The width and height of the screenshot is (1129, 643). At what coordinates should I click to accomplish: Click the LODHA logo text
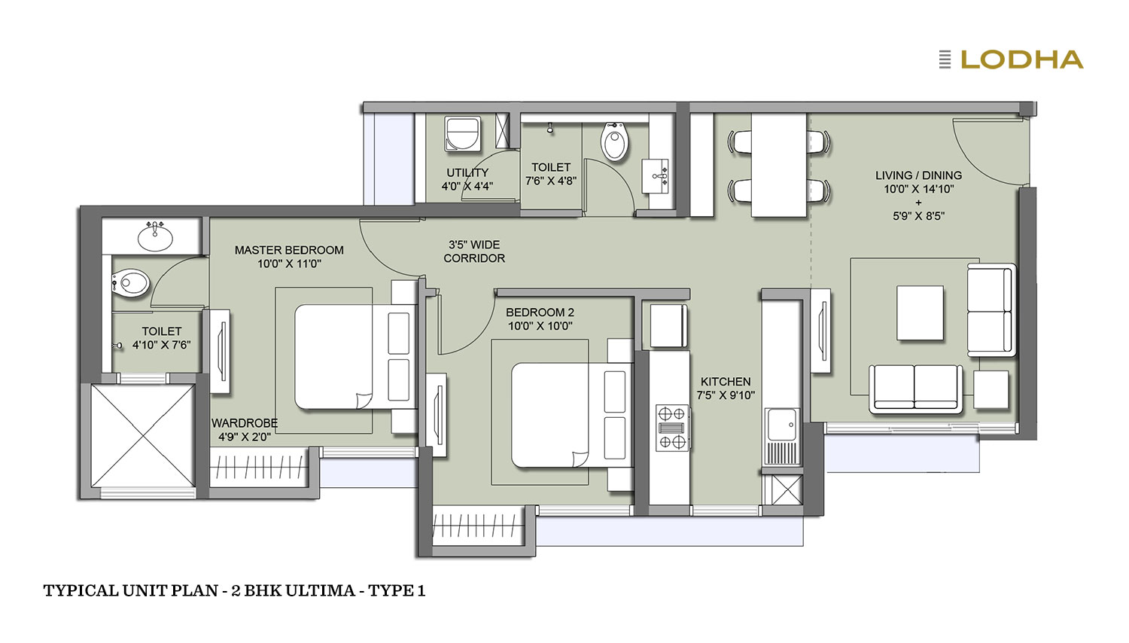1022,59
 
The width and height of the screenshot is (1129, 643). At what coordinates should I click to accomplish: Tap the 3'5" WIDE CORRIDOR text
474,251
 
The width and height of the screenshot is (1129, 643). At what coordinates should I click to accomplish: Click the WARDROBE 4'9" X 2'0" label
245,430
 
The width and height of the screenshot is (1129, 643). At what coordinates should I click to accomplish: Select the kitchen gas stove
672,428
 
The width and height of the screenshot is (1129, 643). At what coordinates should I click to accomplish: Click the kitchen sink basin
782,425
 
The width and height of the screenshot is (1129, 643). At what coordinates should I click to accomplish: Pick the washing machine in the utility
462,133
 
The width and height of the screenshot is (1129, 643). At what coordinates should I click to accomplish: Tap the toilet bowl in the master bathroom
130,283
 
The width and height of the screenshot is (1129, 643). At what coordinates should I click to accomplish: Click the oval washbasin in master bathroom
155,237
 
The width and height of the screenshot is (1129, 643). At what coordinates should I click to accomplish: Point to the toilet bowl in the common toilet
615,142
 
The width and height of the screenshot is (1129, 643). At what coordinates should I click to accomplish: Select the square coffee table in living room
920,312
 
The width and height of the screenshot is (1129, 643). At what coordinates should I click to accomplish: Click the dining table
779,165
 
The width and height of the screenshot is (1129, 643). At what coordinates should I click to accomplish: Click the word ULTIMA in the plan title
321,590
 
